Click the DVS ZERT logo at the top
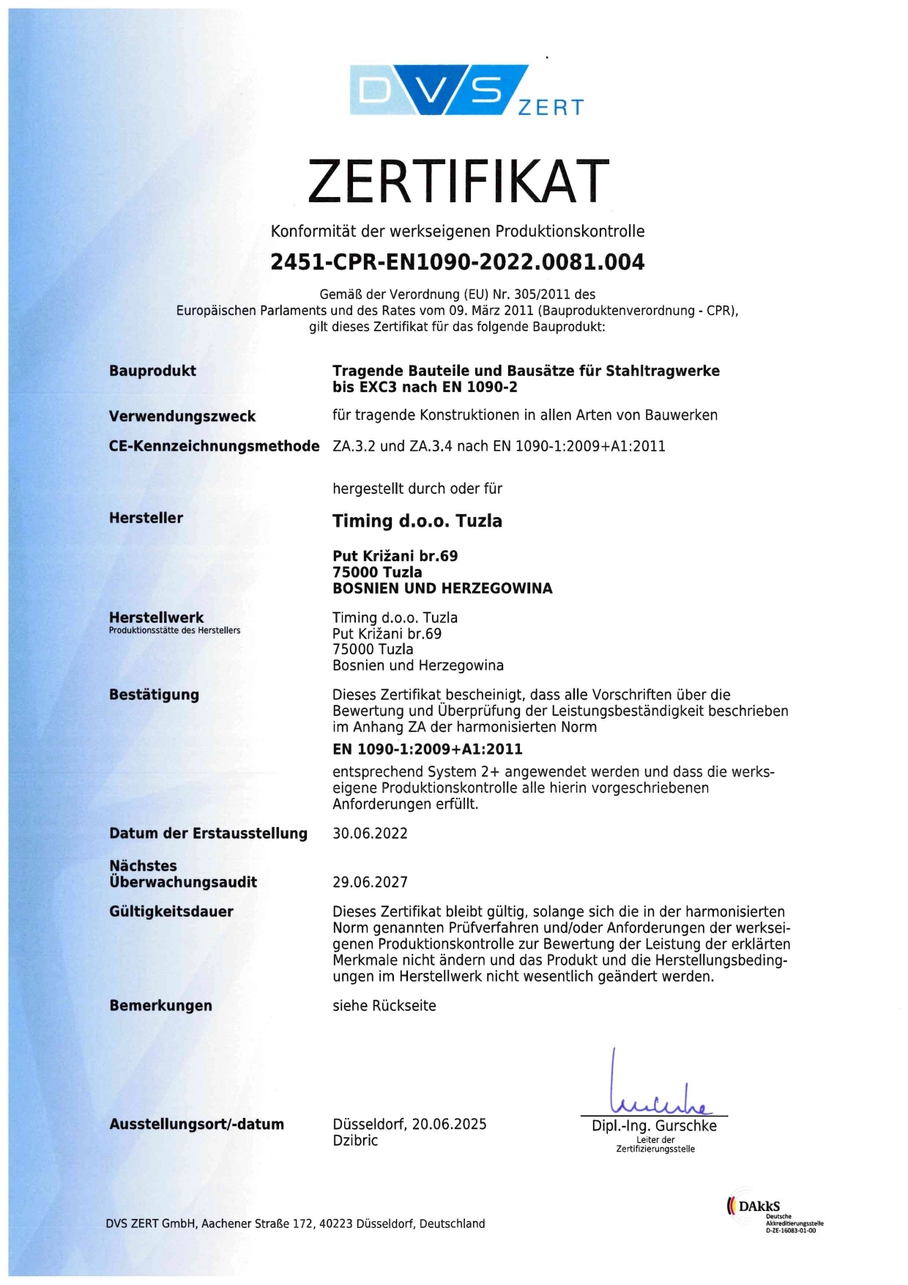click(x=466, y=90)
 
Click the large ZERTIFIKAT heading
click(x=458, y=181)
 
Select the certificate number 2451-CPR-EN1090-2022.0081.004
click(x=458, y=262)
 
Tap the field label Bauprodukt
click(x=152, y=371)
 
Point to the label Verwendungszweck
click(x=182, y=416)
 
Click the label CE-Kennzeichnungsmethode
click(x=214, y=446)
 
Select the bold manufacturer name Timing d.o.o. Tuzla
click(x=417, y=521)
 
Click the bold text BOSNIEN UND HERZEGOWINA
click(x=442, y=588)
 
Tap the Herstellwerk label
click(x=156, y=618)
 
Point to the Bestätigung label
click(x=154, y=695)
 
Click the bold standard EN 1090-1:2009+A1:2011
click(x=428, y=749)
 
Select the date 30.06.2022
click(x=370, y=833)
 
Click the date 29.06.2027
click(x=370, y=882)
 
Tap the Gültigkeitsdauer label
click(x=171, y=911)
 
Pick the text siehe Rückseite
click(x=384, y=1006)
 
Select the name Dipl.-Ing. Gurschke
click(x=654, y=1126)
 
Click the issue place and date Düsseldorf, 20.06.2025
click(x=409, y=1124)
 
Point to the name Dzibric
click(x=355, y=1141)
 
